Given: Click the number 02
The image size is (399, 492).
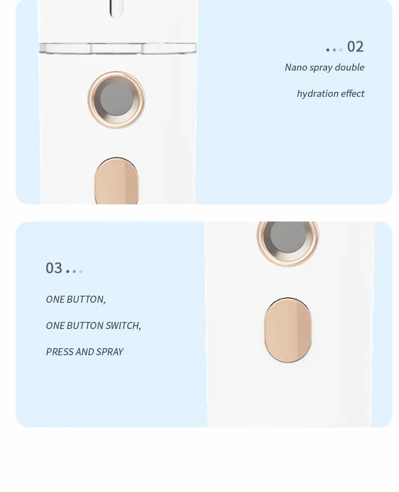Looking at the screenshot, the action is (x=356, y=47).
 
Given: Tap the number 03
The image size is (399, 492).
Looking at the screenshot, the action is (x=54, y=268).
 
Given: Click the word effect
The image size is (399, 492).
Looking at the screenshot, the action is (x=353, y=93).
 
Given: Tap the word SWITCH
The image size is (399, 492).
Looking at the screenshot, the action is (x=123, y=325).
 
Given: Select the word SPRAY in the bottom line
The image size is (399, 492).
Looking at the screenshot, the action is (x=110, y=352).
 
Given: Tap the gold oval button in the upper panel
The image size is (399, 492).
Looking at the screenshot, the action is (x=117, y=181).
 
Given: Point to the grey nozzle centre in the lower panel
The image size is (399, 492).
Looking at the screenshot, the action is (x=288, y=237).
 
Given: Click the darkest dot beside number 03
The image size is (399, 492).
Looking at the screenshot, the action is (x=68, y=271).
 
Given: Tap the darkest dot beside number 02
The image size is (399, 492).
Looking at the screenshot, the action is (x=328, y=50).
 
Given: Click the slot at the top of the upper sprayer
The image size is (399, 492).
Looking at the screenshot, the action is (x=116, y=9).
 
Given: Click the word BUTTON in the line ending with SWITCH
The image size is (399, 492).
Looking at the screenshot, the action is (x=85, y=325).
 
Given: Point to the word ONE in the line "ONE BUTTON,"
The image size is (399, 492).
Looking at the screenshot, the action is (x=55, y=299).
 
